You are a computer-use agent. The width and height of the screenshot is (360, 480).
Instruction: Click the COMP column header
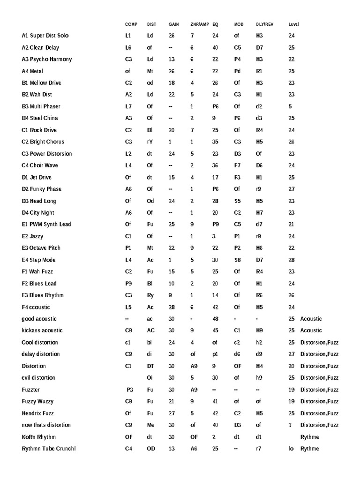(x=131, y=24)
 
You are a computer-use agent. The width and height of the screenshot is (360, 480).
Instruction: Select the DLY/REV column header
(x=265, y=24)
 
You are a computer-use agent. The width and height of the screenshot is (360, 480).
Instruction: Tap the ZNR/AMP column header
(x=200, y=24)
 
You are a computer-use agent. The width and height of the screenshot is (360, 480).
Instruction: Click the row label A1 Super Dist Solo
(x=45, y=36)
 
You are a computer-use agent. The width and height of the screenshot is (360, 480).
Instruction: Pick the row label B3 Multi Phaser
(x=41, y=106)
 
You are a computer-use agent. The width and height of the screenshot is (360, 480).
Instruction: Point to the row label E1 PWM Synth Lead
(x=46, y=225)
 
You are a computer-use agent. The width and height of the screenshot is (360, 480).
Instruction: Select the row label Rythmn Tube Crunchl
(x=48, y=449)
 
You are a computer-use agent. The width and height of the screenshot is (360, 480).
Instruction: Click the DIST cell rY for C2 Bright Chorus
(x=150, y=142)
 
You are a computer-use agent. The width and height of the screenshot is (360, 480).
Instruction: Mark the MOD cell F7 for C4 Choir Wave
(x=237, y=165)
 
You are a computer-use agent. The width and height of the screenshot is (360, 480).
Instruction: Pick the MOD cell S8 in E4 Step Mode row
(x=237, y=260)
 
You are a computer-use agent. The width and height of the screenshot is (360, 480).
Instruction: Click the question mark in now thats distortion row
(x=290, y=425)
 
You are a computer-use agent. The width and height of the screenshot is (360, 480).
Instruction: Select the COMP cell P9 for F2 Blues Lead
(x=128, y=284)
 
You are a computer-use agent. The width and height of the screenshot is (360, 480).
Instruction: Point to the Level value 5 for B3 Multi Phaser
(x=290, y=106)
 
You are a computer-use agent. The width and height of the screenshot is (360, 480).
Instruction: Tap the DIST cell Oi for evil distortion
(x=150, y=378)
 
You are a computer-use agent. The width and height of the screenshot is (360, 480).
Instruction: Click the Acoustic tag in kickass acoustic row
(x=311, y=330)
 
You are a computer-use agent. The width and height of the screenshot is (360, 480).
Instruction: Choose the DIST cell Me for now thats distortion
(x=150, y=425)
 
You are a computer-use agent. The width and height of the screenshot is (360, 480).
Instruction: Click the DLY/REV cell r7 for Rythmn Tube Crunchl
(x=259, y=449)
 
